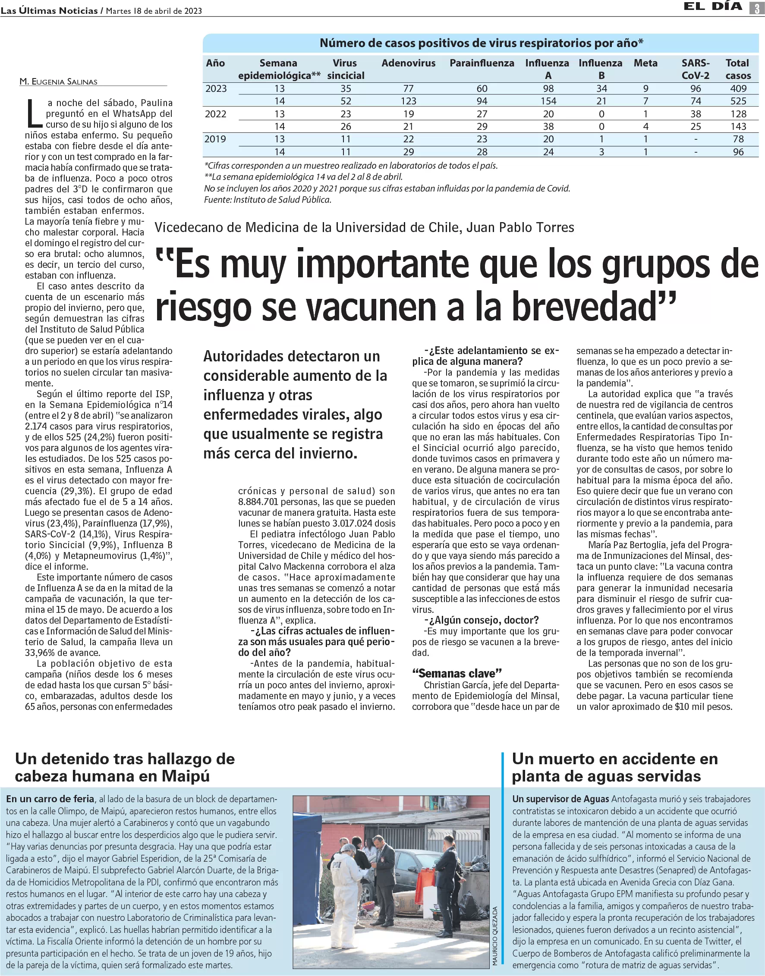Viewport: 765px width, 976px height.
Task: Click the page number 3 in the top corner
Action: pyautogui.click(x=757, y=8)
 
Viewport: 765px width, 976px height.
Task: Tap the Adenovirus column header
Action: pyautogui.click(x=408, y=63)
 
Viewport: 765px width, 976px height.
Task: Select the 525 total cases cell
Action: pyautogui.click(x=738, y=101)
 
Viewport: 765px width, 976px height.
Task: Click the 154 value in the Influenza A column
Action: pyautogui.click(x=548, y=101)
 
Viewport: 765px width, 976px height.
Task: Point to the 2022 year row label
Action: pyautogui.click(x=216, y=114)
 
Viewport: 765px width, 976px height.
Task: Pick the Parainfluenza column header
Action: pyautogui.click(x=482, y=63)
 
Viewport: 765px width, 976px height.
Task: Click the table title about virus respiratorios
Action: pyautogui.click(x=481, y=43)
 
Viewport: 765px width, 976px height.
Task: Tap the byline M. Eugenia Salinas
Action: pyautogui.click(x=58, y=82)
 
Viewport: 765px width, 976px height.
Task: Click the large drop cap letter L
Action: pyautogui.click(x=34, y=113)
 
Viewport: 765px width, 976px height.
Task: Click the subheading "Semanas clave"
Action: pyautogui.click(x=456, y=673)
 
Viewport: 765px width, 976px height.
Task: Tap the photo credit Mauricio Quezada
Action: pyautogui.click(x=495, y=935)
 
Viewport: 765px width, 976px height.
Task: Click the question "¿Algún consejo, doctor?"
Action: pyautogui.click(x=482, y=620)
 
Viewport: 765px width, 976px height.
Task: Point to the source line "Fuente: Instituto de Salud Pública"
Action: pyautogui.click(x=268, y=200)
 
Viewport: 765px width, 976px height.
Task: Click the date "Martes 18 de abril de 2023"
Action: pyautogui.click(x=154, y=11)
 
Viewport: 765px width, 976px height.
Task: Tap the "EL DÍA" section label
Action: pyautogui.click(x=713, y=7)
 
